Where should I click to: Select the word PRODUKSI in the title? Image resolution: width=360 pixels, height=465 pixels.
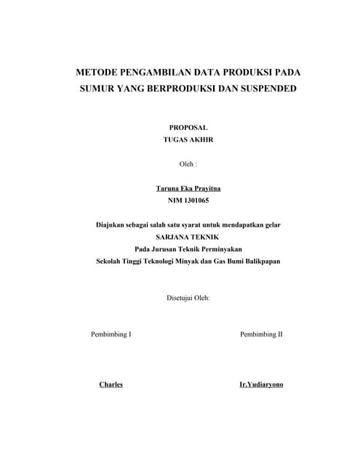coord(249,73)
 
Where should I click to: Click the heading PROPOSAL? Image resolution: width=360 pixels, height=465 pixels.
coord(188,127)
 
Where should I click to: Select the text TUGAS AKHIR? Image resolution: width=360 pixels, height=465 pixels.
coord(188,141)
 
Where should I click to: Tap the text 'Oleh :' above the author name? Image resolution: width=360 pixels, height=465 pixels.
coord(188,164)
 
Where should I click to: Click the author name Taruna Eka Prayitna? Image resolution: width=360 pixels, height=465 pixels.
coord(188,188)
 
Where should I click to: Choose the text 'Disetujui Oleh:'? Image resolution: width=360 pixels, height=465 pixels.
coord(188,297)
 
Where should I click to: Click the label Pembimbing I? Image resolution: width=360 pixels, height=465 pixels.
coord(111,334)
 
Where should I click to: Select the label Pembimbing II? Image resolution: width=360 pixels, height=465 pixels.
coord(261,334)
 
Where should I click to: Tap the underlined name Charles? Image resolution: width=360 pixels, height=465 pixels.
coord(111,384)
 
